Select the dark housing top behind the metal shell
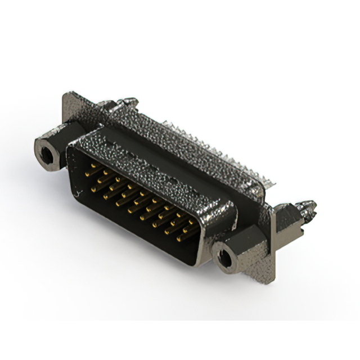coord(186,152)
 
